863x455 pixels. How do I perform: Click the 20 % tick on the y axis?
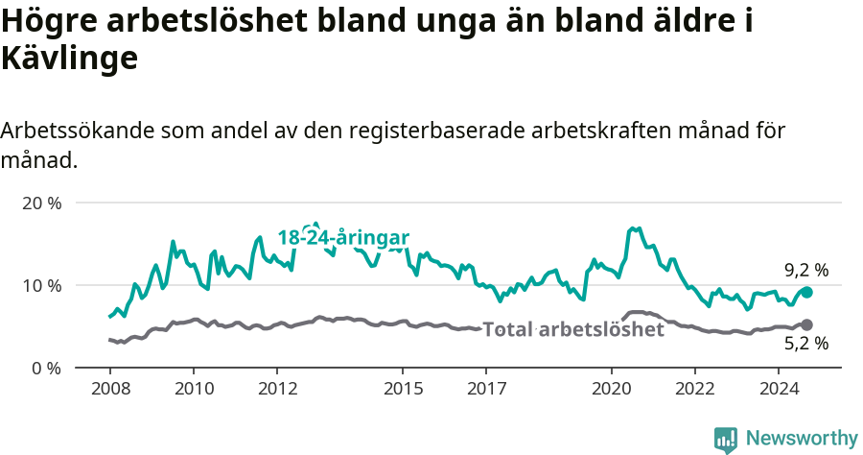click(41, 204)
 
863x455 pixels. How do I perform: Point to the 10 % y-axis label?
click(41, 286)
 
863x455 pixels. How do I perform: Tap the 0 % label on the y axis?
click(45, 368)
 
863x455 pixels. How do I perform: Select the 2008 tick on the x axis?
click(110, 389)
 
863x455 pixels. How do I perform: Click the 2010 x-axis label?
click(193, 389)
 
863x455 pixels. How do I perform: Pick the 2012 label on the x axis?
click(276, 389)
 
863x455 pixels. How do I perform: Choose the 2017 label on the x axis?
click(485, 389)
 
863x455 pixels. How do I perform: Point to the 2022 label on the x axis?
click(694, 389)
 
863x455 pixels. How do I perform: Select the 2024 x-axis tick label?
click(778, 389)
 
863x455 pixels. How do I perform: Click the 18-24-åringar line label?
click(344, 238)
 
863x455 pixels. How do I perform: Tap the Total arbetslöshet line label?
click(573, 330)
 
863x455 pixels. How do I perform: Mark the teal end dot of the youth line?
click(806, 292)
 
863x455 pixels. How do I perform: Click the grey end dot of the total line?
click(806, 325)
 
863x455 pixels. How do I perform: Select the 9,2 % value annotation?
click(805, 271)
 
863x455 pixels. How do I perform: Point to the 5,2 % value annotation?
click(805, 344)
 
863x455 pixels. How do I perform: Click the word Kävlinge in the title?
click(70, 60)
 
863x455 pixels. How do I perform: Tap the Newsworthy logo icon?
click(725, 439)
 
